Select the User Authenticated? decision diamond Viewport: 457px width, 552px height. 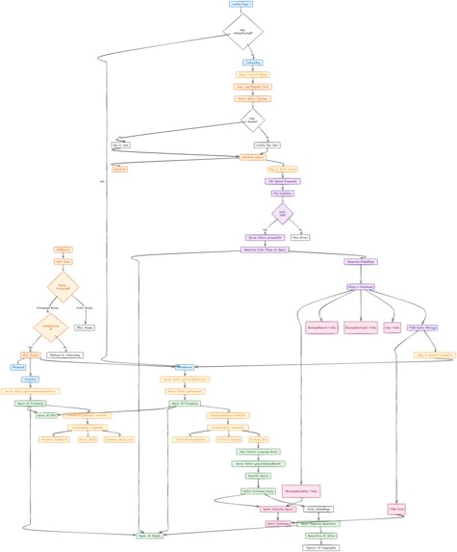(242, 32)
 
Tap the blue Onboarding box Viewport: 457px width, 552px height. (252, 63)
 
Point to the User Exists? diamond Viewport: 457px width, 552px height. (252, 121)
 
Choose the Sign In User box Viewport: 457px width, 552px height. (121, 145)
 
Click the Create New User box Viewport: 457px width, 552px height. (267, 145)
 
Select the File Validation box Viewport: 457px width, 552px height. (282, 193)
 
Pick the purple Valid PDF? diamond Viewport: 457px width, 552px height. (282, 213)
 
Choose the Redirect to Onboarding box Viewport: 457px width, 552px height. (65, 355)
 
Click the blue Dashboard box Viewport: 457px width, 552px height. (187, 367)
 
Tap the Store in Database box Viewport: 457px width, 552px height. (361, 287)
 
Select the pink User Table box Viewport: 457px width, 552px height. (392, 328)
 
